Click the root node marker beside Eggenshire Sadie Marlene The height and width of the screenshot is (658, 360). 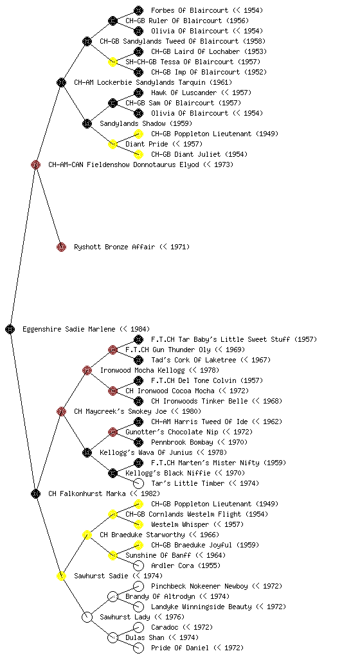pyautogui.click(x=10, y=329)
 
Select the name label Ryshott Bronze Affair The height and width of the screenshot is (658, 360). pyautogui.click(x=114, y=247)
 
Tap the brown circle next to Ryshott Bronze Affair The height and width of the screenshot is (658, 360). pyautogui.click(x=61, y=247)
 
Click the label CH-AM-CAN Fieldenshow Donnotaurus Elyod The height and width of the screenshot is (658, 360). pyautogui.click(x=124, y=164)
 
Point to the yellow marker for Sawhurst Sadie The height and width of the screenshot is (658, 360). pyautogui.click(x=61, y=576)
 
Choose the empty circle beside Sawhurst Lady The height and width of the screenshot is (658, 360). pyautogui.click(x=87, y=617)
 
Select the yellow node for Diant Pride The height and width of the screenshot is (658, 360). pyautogui.click(x=113, y=144)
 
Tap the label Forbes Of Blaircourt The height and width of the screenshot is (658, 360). pyautogui.click(x=190, y=10)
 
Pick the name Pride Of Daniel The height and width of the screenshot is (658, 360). pyautogui.click(x=179, y=648)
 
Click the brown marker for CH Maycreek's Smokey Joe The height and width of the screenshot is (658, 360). pyautogui.click(x=61, y=411)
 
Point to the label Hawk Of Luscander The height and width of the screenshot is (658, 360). pyautogui.click(x=184, y=93)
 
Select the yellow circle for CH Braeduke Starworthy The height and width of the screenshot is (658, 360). pyautogui.click(x=87, y=535)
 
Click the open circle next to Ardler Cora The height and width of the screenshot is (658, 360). pyautogui.click(x=138, y=565)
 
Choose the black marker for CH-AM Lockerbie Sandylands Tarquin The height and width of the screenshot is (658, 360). pyautogui.click(x=61, y=82)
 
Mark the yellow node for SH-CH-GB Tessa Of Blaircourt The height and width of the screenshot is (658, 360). pyautogui.click(x=113, y=62)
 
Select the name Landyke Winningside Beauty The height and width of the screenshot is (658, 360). pyautogui.click(x=201, y=607)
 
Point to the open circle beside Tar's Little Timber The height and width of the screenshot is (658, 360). pyautogui.click(x=138, y=483)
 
